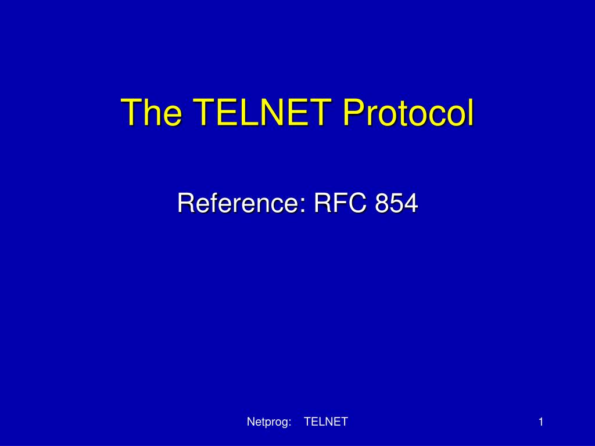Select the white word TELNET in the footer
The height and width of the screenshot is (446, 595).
[325, 422]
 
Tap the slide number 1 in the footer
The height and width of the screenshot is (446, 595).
[540, 422]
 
